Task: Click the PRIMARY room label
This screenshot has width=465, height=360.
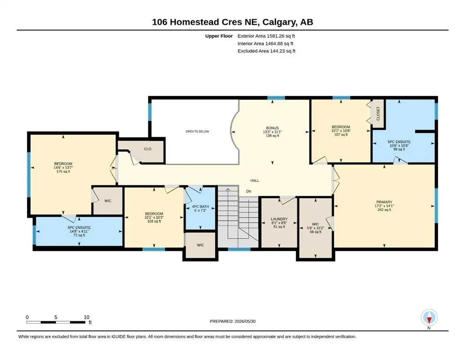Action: pyautogui.click(x=384, y=202)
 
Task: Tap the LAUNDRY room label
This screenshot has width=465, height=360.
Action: pyautogui.click(x=279, y=219)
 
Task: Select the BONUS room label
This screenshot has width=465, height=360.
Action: pyautogui.click(x=272, y=128)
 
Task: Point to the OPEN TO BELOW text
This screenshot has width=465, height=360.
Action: pyautogui.click(x=197, y=131)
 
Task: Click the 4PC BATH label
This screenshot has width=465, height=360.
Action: pyautogui.click(x=200, y=207)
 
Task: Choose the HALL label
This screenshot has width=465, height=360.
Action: pyautogui.click(x=255, y=180)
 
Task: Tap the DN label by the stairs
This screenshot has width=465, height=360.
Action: pyautogui.click(x=249, y=191)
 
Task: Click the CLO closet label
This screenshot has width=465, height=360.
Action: pyautogui.click(x=148, y=149)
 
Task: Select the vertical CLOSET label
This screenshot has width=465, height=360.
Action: pyautogui.click(x=378, y=113)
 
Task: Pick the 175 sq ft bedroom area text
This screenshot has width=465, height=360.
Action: pyautogui.click(x=63, y=171)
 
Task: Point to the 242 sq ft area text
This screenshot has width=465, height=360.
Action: pyautogui.click(x=384, y=210)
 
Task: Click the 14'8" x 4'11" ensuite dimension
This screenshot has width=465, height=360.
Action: pyautogui.click(x=79, y=231)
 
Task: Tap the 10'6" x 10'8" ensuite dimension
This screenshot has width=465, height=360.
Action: pyautogui.click(x=399, y=146)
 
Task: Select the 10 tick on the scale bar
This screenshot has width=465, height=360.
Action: pyautogui.click(x=87, y=317)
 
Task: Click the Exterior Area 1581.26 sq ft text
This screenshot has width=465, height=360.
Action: pyautogui.click(x=266, y=36)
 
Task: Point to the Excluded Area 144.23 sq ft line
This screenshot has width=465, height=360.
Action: pyautogui.click(x=266, y=51)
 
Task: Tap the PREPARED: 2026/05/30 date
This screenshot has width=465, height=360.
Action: pyautogui.click(x=232, y=321)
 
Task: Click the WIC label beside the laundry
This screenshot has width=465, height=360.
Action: pyautogui.click(x=316, y=225)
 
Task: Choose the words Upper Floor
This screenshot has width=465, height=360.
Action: pyautogui.click(x=219, y=36)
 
